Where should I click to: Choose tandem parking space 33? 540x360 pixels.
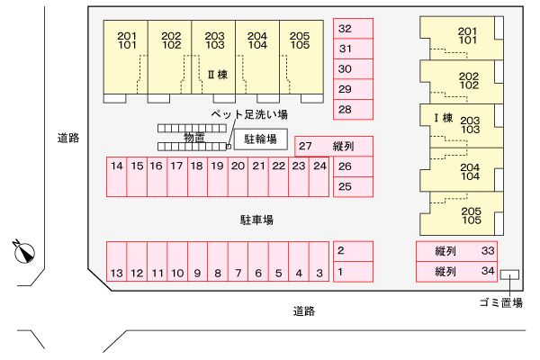[x=457, y=252]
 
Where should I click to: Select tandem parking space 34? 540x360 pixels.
[x=457, y=271]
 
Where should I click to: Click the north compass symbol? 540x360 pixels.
[x=24, y=252]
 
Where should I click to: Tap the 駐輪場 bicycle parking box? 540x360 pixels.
[x=261, y=139]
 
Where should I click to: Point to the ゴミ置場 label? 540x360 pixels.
[x=501, y=302]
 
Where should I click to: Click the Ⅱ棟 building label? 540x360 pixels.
[x=217, y=76]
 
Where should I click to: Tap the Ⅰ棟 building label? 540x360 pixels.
[x=442, y=118]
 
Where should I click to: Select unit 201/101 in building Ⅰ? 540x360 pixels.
[x=467, y=36]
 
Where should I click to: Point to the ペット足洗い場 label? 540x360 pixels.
[x=249, y=115]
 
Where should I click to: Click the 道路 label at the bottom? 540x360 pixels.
[x=304, y=311]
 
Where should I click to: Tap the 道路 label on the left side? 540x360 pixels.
[x=67, y=138]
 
